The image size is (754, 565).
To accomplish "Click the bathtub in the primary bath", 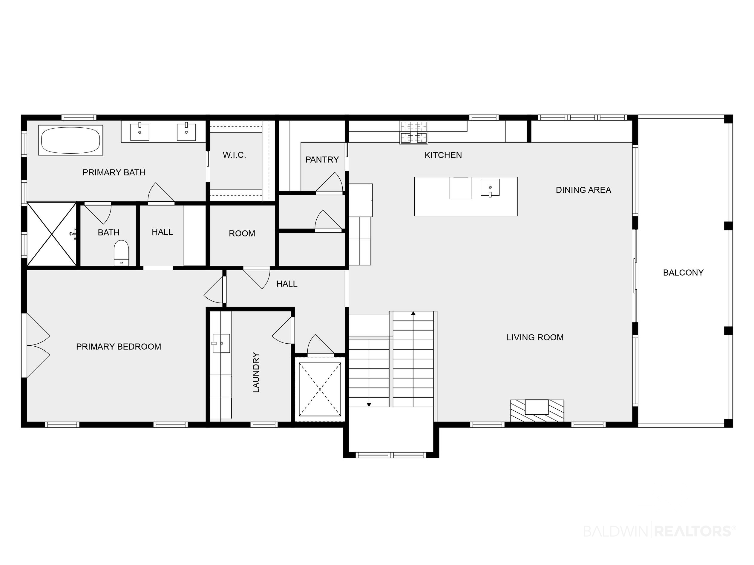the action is (x=71, y=140).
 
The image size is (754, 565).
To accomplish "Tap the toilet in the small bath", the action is (x=121, y=253).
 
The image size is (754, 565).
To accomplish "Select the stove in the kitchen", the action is (x=414, y=133).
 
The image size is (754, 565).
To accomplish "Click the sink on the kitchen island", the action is (x=490, y=188).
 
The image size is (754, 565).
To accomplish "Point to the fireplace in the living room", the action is (x=537, y=411).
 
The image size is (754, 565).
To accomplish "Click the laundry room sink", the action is (x=220, y=343).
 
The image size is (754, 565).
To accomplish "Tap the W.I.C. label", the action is (x=235, y=155).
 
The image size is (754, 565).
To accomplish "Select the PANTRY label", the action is (x=322, y=160).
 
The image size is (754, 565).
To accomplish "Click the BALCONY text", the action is (x=683, y=273).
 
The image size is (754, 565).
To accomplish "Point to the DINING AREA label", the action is (x=583, y=190).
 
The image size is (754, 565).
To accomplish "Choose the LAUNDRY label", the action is (x=256, y=372).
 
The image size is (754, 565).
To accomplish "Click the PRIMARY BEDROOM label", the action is (x=119, y=347).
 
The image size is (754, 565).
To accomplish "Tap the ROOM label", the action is (x=242, y=234).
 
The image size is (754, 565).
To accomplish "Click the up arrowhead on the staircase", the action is (x=413, y=313).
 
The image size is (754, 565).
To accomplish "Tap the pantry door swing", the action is (x=330, y=183).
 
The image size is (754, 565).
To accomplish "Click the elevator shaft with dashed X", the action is (x=320, y=389).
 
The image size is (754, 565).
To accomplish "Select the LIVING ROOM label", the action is (x=535, y=337).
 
